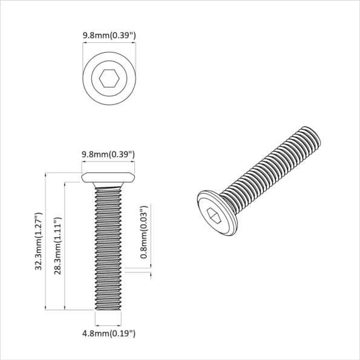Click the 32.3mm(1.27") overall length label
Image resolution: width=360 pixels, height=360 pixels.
click(x=38, y=241)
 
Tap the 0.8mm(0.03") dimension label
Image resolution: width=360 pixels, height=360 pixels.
click(x=143, y=232)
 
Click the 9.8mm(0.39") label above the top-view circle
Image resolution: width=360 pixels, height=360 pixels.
click(x=109, y=36)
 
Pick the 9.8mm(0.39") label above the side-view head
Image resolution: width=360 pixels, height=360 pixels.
click(x=108, y=155)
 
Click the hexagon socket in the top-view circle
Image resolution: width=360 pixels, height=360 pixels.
click(x=109, y=78)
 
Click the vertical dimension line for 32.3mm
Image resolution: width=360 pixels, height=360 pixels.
click(x=46, y=241)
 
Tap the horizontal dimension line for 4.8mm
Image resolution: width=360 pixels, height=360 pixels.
click(x=109, y=324)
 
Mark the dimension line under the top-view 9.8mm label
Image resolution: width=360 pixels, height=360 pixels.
click(x=109, y=45)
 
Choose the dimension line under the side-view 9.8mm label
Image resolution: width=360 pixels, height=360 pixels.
click(x=108, y=163)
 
